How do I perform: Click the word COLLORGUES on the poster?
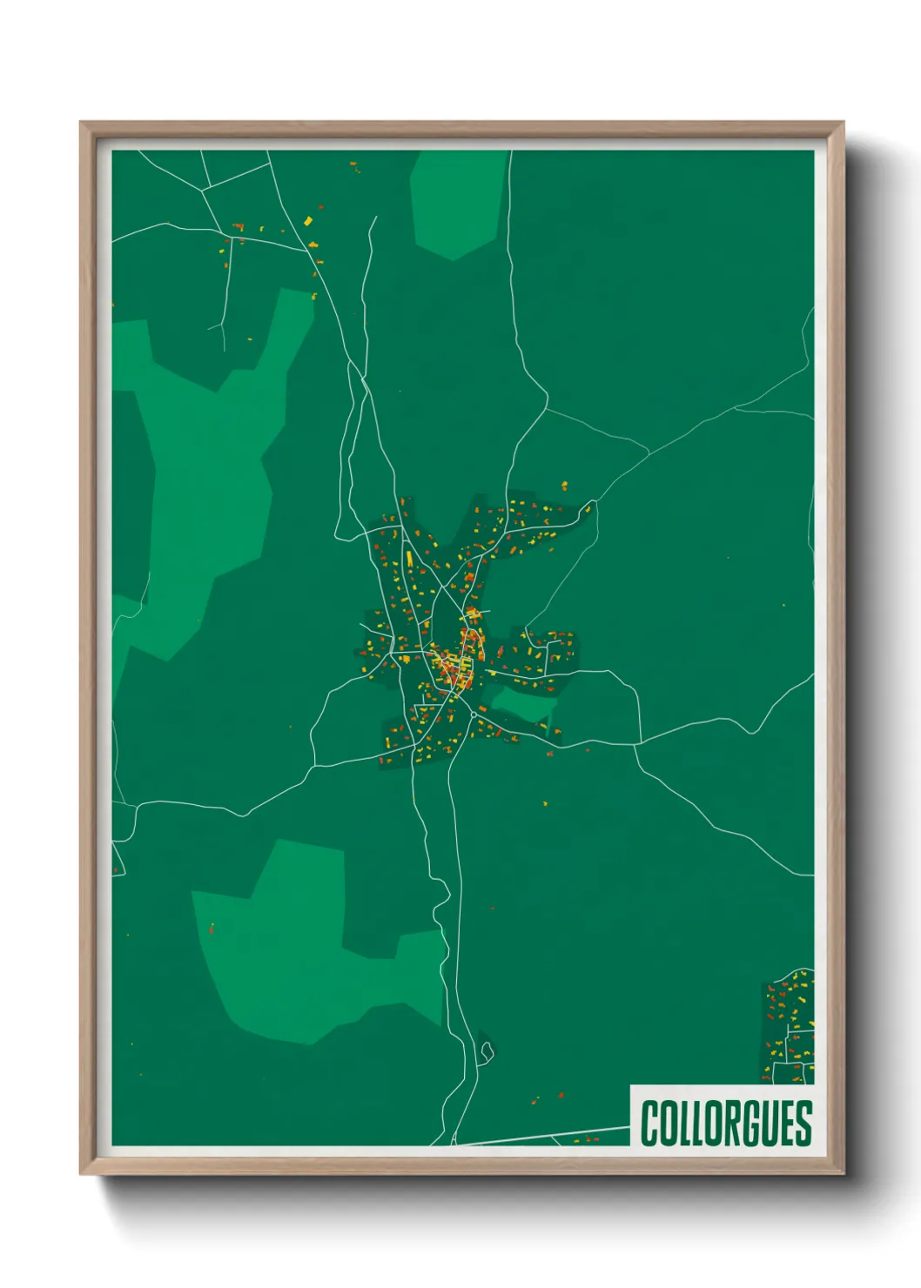(726, 1124)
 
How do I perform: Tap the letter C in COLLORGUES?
(649, 1124)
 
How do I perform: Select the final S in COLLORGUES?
(803, 1124)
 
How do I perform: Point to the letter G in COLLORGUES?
(751, 1124)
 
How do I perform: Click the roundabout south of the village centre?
(472, 714)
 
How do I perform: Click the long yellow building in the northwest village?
(408, 556)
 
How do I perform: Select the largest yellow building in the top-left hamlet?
(307, 220)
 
